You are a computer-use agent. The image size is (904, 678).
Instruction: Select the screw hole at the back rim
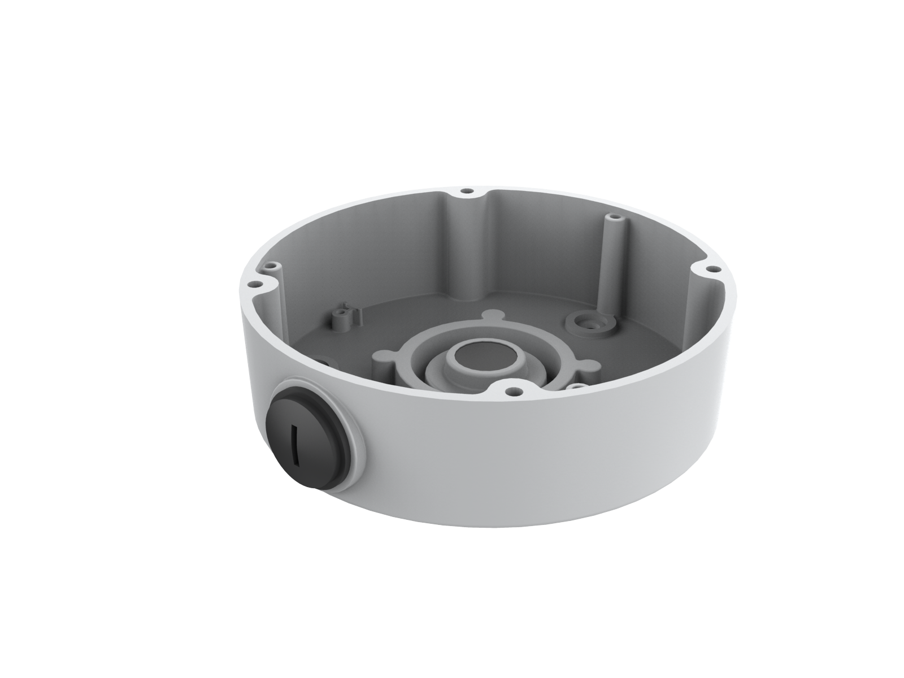(x=467, y=192)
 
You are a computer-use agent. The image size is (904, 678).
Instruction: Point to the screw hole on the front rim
(x=511, y=390)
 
